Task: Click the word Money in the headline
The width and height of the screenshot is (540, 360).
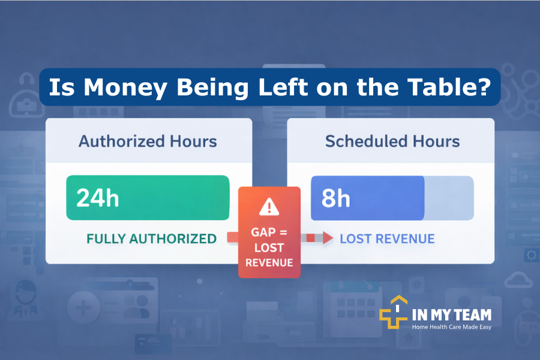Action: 125,88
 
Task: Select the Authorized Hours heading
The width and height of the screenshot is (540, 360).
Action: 148,141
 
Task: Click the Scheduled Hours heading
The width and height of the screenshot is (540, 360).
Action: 392,141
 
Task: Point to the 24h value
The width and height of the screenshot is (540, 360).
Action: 97,198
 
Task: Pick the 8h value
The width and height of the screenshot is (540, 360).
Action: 336,199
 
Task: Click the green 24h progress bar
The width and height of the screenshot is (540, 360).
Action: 148,198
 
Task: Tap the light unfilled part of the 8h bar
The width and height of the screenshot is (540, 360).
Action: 449,198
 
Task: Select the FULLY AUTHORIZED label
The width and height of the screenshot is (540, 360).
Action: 152,239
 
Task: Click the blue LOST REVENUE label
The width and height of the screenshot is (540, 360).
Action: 387,239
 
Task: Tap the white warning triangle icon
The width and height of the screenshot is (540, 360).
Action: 269,206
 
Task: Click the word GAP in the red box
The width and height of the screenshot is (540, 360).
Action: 263,232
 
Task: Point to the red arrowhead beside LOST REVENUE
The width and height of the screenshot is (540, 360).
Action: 328,238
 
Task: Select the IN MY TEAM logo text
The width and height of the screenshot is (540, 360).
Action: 452,315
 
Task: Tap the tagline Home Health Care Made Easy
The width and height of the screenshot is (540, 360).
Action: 452,327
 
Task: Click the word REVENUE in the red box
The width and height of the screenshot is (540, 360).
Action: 269,263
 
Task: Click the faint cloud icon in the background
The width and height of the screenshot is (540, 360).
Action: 518,280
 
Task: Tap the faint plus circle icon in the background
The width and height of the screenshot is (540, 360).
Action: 83,307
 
